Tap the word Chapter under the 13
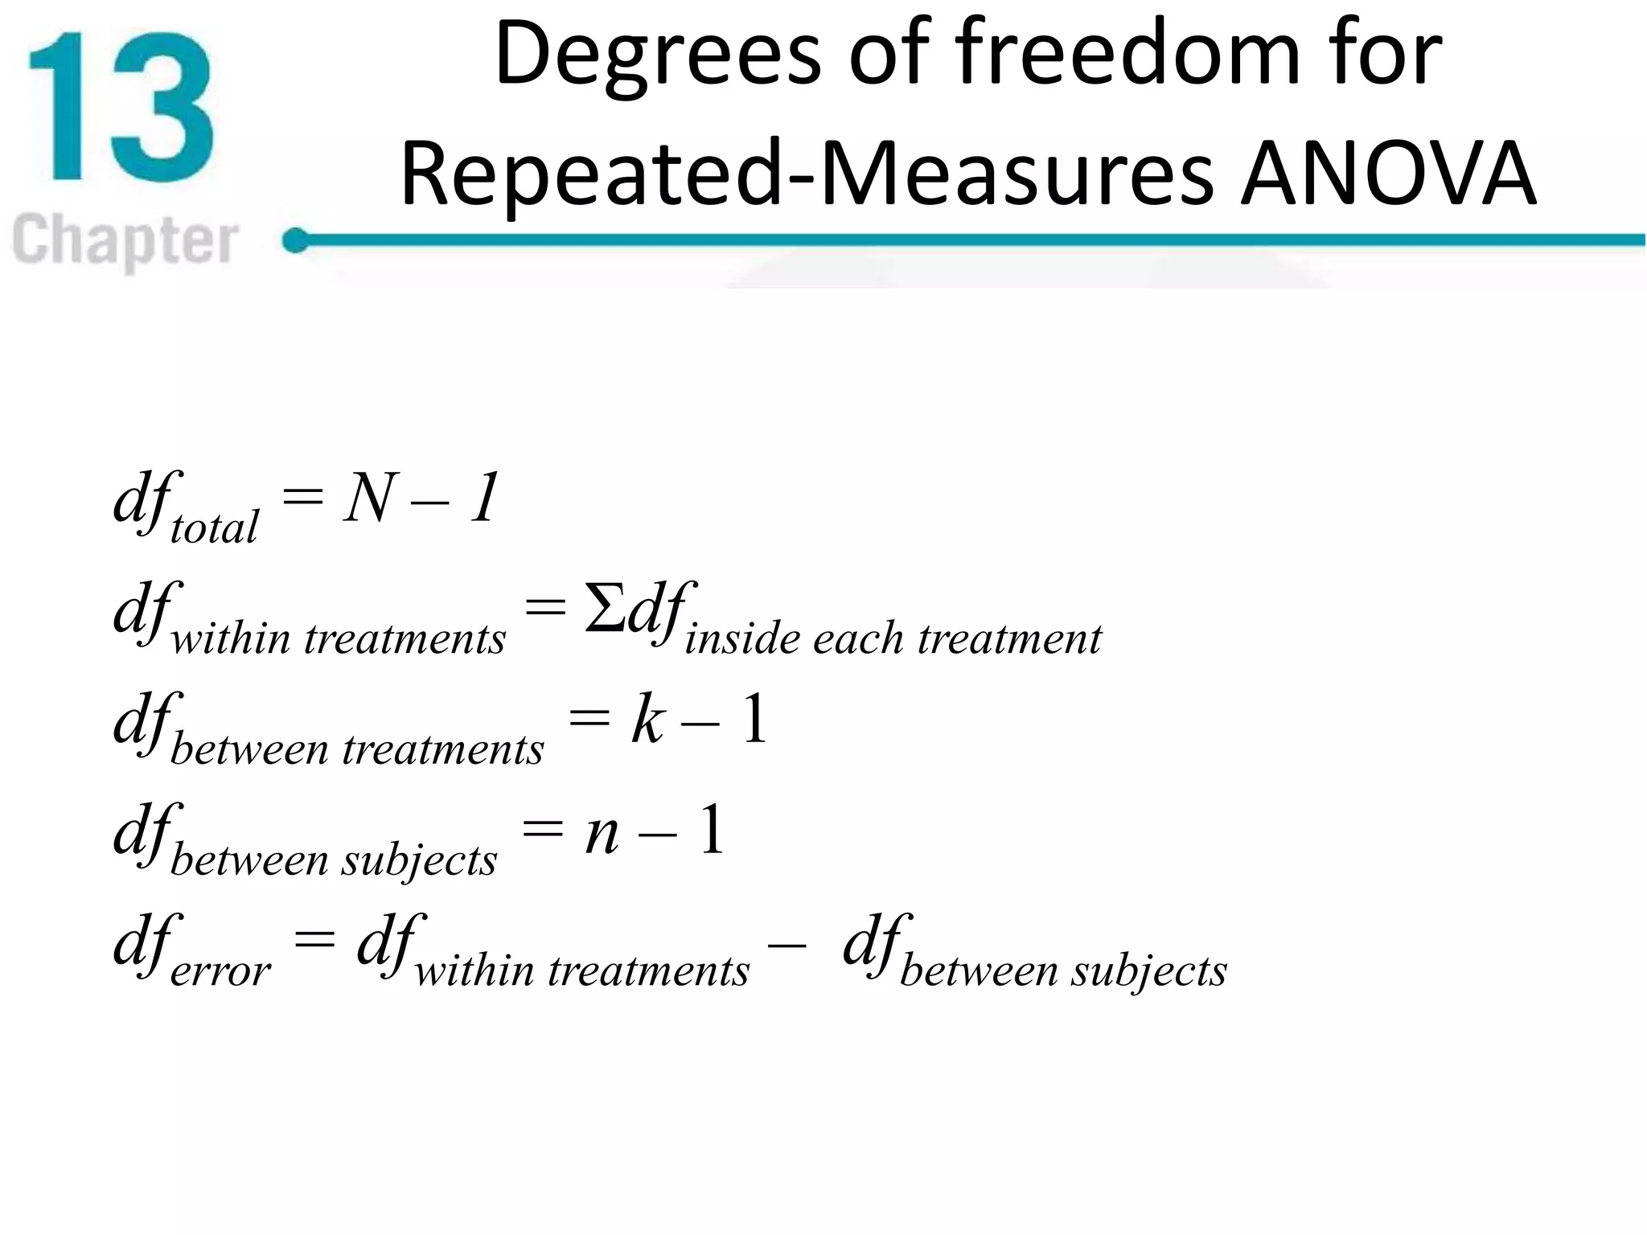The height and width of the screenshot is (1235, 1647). click(x=125, y=240)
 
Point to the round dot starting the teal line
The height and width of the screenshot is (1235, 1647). click(x=296, y=240)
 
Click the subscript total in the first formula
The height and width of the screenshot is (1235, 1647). click(x=214, y=527)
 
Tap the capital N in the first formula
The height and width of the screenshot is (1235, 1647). click(x=370, y=499)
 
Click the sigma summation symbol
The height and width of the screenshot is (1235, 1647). click(x=605, y=608)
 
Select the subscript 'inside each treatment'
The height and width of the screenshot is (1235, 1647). click(x=893, y=639)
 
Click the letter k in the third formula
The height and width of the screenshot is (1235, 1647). click(x=647, y=720)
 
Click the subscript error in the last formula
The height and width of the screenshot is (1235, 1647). click(x=220, y=971)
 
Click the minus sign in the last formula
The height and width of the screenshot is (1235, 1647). click(x=787, y=944)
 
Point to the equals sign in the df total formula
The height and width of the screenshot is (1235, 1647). click(x=302, y=497)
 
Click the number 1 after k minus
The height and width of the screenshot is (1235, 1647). click(x=754, y=719)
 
